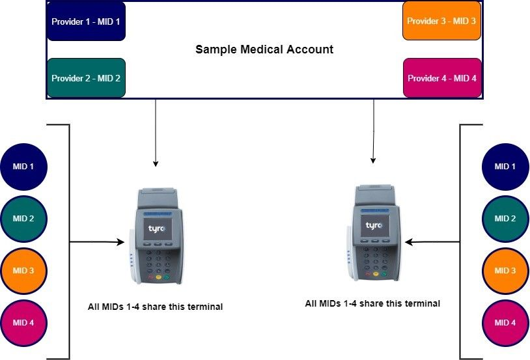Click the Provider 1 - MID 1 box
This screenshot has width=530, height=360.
[86, 21]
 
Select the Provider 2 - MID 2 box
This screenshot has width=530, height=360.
[86, 78]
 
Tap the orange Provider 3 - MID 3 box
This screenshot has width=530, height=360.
[441, 21]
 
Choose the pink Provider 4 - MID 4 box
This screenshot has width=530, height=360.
[442, 78]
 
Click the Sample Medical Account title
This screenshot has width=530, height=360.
[264, 49]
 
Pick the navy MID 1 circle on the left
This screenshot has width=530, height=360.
[23, 167]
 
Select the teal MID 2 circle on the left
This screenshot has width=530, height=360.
[23, 219]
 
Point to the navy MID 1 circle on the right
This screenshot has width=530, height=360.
[505, 167]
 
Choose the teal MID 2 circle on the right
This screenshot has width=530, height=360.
[505, 219]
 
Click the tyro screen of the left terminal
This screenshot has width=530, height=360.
[158, 228]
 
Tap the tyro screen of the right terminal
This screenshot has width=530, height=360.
[374, 226]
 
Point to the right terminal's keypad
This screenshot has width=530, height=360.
[374, 260]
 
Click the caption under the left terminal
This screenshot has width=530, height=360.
[155, 307]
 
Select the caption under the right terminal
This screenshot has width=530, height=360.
[372, 303]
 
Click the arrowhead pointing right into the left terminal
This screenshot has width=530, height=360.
[120, 242]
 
